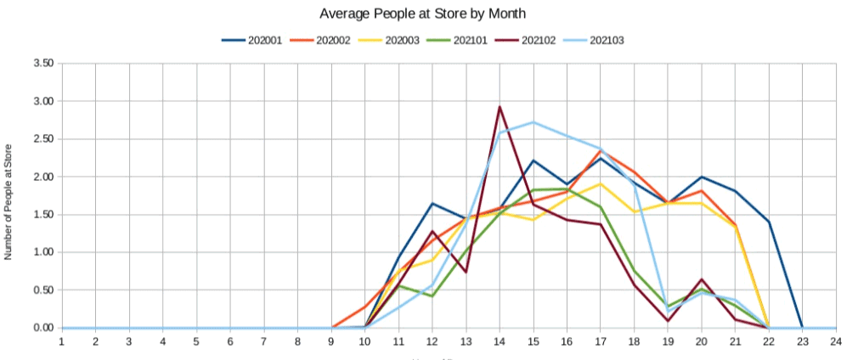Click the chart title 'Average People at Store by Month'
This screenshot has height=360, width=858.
(x=429, y=14)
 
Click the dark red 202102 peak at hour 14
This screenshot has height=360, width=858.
(x=500, y=107)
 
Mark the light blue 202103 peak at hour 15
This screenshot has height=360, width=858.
(x=533, y=122)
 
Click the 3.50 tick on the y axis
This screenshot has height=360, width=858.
(x=43, y=64)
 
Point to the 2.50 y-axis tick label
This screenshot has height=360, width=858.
(x=43, y=139)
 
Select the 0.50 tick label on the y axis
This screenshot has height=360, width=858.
(x=43, y=290)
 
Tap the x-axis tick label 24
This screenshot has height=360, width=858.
(x=836, y=341)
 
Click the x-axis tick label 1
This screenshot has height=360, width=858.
(x=62, y=341)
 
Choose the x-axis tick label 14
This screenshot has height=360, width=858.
(x=500, y=341)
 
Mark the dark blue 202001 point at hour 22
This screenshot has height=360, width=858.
(x=768, y=222)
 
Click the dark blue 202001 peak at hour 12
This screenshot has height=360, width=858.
(x=432, y=203)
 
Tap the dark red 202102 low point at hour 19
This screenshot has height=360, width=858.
(x=668, y=321)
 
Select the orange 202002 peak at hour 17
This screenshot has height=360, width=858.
(x=601, y=150)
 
